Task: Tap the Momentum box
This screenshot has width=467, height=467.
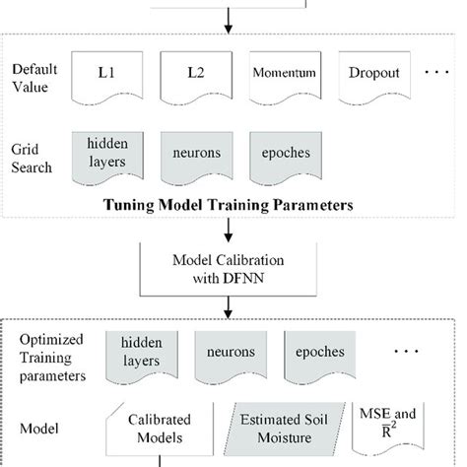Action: click(285, 75)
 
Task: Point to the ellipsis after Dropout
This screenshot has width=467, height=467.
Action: click(436, 75)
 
